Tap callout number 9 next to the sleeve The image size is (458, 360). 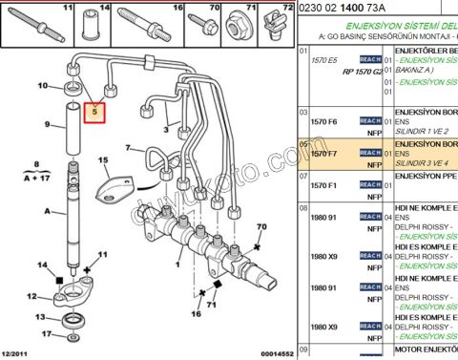coord(46,125)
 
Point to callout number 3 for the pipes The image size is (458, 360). coord(165,128)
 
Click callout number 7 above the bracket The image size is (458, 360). coord(116,148)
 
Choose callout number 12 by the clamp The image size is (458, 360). coord(31,296)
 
